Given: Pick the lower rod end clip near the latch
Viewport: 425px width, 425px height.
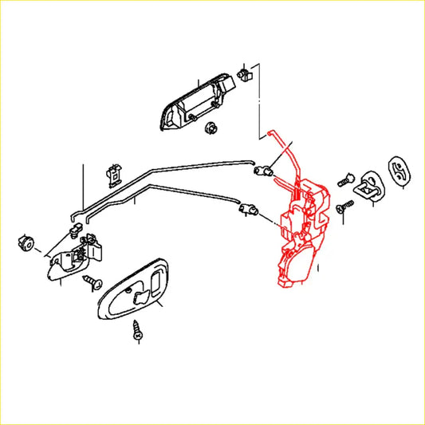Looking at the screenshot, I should pos(249,211).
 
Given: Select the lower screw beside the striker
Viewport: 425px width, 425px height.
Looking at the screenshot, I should pos(340,208).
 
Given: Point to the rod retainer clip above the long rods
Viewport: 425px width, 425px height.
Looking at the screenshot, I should pos(114,173).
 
